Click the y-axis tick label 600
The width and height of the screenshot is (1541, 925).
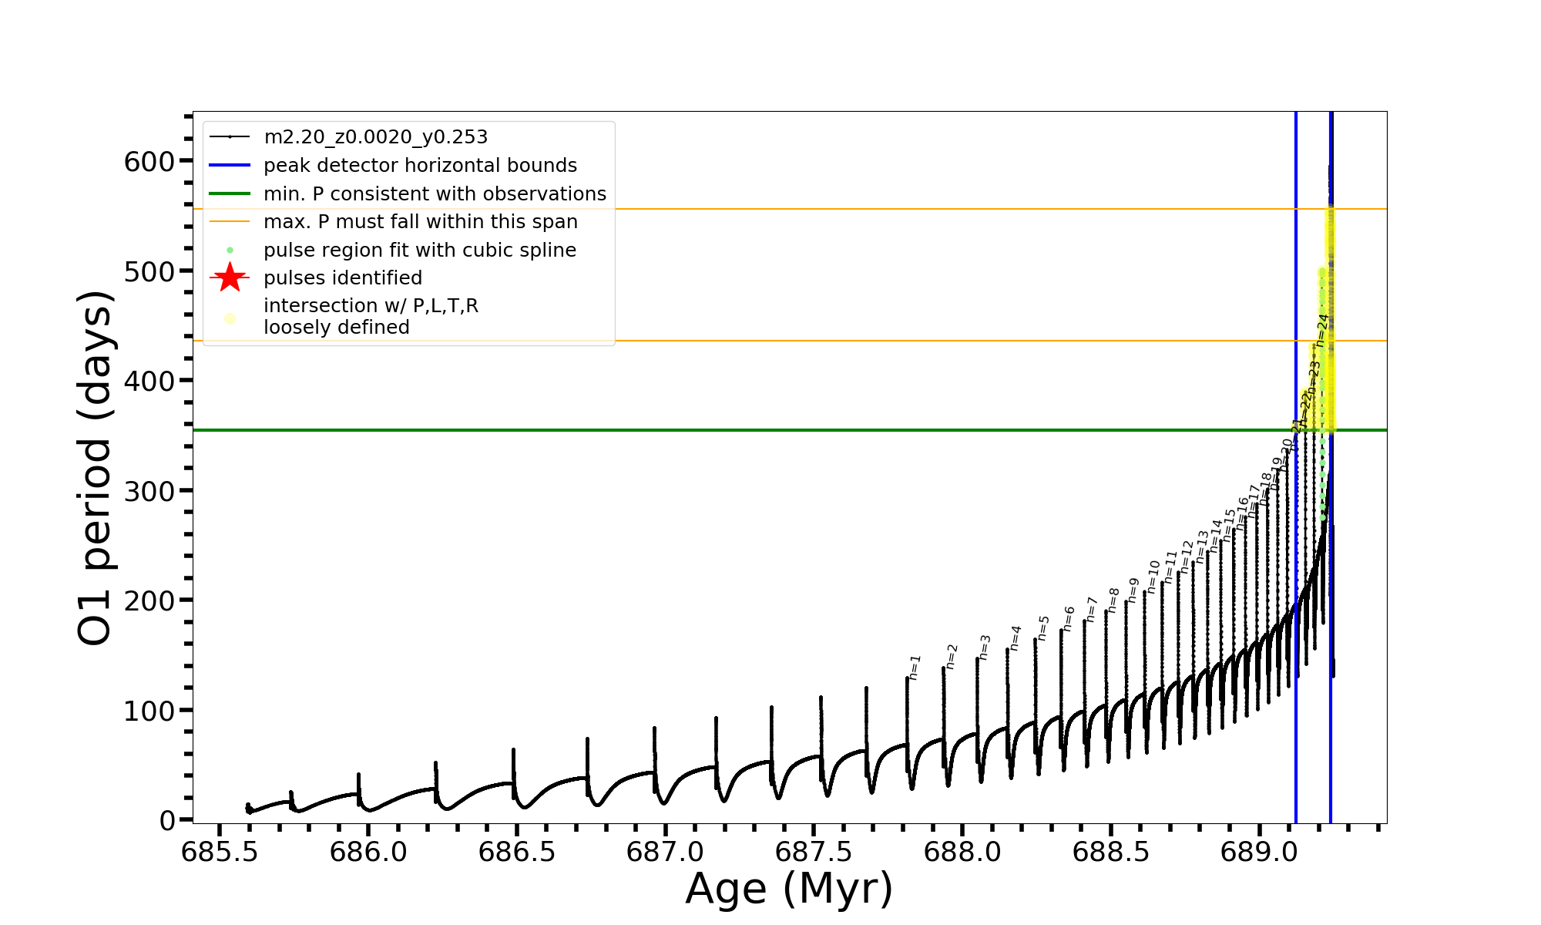point(149,162)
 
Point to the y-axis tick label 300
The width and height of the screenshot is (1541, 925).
point(149,491)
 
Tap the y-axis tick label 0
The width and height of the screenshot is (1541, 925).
point(167,821)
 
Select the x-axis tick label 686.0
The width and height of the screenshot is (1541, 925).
point(368,852)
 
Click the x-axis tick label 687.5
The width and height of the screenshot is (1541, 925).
point(814,852)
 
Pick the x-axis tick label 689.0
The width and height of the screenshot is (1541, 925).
point(1259,852)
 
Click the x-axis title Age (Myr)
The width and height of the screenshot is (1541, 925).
point(789,889)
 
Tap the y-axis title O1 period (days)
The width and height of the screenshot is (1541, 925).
point(96,468)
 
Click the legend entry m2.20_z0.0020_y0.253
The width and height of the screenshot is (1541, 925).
point(375,137)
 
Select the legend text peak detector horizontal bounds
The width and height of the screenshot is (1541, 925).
point(420,166)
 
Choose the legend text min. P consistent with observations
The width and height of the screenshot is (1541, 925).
point(435,194)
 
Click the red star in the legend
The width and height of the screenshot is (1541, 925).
point(230,277)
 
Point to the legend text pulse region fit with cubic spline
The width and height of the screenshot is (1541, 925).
point(420,251)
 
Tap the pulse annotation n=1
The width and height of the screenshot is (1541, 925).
point(915,668)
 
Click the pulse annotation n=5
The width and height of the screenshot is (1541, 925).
point(1043,627)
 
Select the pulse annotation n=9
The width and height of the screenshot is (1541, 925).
point(1133,590)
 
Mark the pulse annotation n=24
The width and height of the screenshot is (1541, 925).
point(1322,331)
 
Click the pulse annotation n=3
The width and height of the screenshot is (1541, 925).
point(985,647)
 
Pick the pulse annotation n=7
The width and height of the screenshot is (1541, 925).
point(1091,609)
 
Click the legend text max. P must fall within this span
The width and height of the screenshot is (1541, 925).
point(420,222)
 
